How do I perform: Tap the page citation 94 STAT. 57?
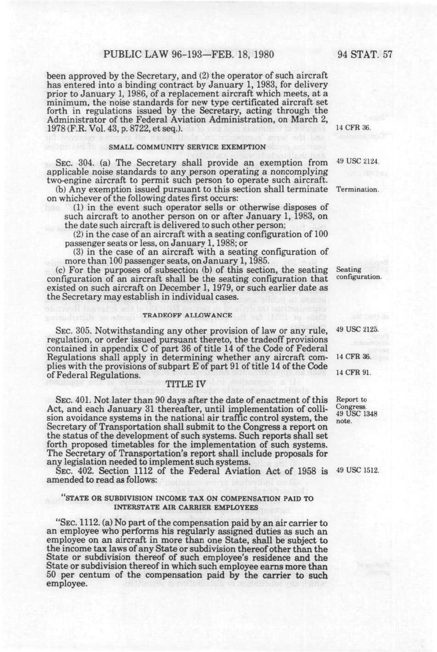click(365, 55)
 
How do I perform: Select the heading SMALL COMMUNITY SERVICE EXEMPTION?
click(188, 147)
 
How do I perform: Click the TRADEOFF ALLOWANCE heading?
click(188, 315)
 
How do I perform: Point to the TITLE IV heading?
click(188, 382)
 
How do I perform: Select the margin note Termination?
click(358, 190)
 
